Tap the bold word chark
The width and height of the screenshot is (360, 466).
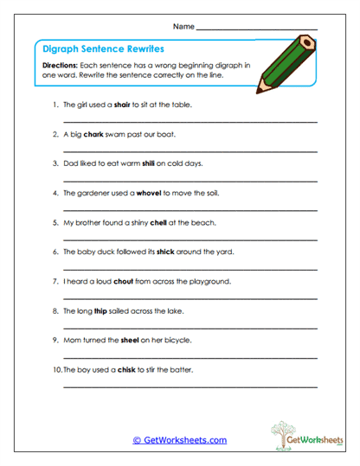pyautogui.click(x=93, y=135)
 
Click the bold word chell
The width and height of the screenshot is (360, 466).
pyautogui.click(x=158, y=222)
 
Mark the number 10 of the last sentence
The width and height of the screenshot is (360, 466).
pyautogui.click(x=57, y=369)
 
